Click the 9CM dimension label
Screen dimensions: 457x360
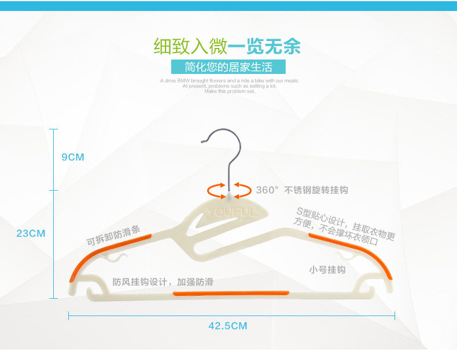pos(73,157)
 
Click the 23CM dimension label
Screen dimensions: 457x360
pos(31,233)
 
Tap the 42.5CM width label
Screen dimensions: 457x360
pos(227,326)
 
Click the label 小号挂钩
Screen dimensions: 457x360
pos(327,270)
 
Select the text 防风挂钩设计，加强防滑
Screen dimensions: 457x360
pos(163,282)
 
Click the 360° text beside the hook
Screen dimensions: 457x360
pos(267,190)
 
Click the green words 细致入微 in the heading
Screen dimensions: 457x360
pos(190,46)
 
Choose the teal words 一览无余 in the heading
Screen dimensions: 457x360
pos(264,46)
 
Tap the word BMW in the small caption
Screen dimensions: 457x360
pos(186,81)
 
